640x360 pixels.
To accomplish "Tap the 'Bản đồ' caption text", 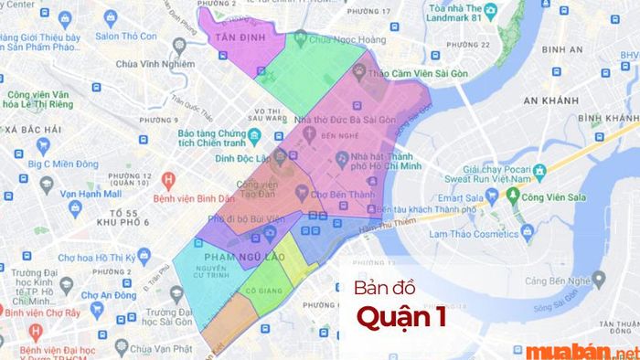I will tap(384, 291).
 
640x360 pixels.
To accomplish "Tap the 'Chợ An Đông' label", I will tap(114, 295).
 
